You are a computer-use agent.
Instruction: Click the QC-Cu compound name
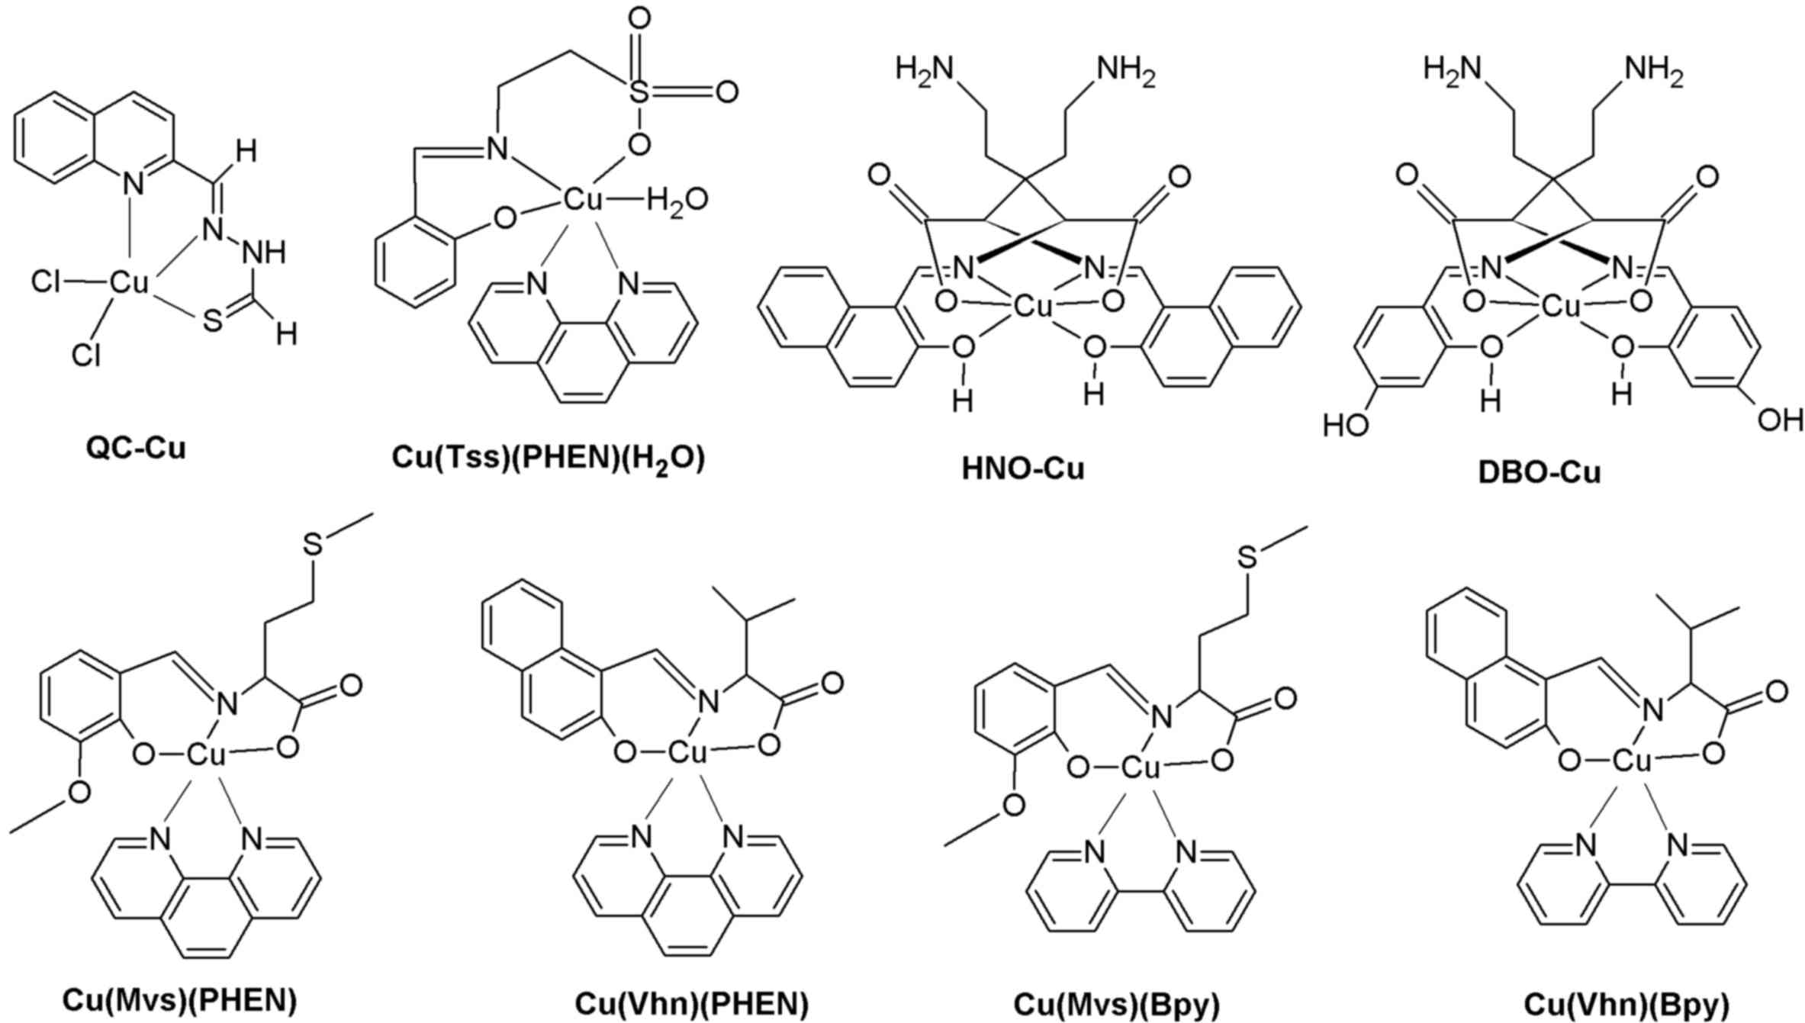pos(136,449)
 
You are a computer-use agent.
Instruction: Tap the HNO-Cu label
pos(1022,468)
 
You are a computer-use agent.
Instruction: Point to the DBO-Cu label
pos(1540,473)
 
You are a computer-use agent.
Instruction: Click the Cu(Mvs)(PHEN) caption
pos(180,1000)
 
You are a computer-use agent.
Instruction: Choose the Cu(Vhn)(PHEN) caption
pos(691,1004)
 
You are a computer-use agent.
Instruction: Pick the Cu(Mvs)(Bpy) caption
pos(1117,1005)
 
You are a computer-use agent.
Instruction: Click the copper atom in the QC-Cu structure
pos(129,283)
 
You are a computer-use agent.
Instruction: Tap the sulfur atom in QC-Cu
pos(213,321)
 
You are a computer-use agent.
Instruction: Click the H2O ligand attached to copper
pos(677,201)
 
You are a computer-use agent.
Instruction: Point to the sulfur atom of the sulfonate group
pos(639,93)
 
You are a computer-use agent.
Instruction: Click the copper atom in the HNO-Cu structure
pos(1033,307)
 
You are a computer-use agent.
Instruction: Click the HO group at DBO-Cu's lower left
pos(1346,424)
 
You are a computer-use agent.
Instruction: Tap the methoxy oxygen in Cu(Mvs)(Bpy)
pos(1013,803)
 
